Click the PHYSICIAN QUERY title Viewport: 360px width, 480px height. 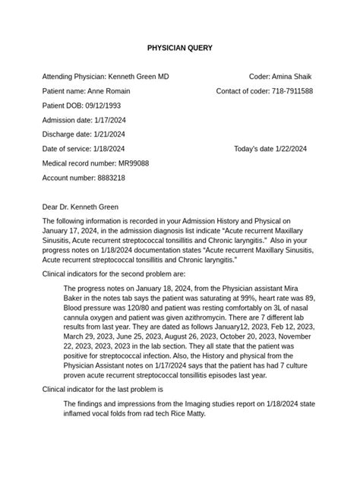tap(179, 48)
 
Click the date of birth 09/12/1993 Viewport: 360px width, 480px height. tap(99, 106)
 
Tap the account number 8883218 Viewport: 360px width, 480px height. tap(110, 178)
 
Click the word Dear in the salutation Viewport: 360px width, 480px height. tap(51, 207)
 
